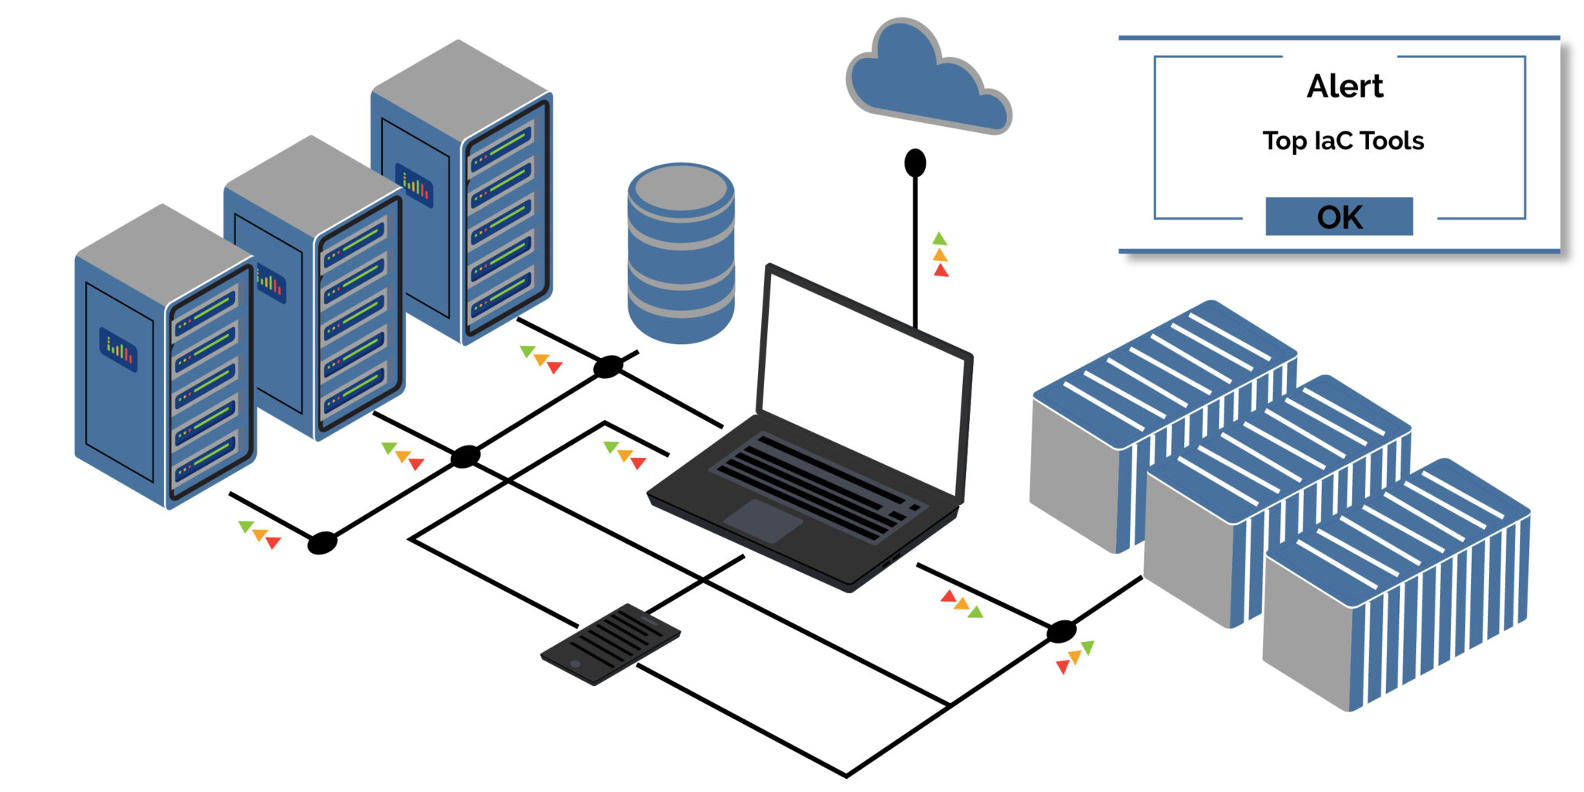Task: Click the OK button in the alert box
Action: pos(1339,217)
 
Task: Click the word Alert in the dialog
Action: pos(1344,86)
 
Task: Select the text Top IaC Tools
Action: pos(1343,141)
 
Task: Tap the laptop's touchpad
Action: pos(763,520)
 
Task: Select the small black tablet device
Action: pos(610,643)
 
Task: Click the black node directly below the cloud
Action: pos(915,163)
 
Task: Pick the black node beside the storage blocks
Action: pos(1061,631)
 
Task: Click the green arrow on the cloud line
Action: pos(940,239)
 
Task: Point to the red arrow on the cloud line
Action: pos(940,271)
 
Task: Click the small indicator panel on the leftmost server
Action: pos(118,350)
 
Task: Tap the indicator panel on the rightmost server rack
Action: pos(415,185)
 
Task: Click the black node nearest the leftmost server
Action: pos(322,543)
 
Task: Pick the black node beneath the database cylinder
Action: pos(608,367)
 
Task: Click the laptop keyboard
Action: pos(812,483)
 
